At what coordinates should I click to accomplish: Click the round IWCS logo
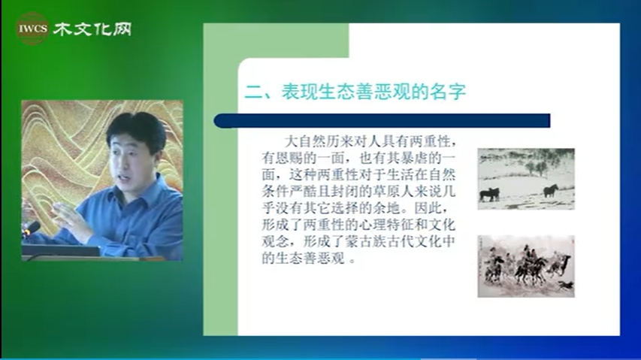point(32,29)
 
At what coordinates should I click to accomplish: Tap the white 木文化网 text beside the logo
point(92,29)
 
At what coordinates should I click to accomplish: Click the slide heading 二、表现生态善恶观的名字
point(355,92)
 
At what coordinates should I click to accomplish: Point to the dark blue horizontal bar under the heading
point(382,121)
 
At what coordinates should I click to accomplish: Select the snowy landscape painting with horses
point(526,179)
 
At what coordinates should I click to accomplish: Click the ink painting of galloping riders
point(526,266)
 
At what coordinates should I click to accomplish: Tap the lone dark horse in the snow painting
point(550,190)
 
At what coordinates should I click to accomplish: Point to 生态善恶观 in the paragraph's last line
point(310,259)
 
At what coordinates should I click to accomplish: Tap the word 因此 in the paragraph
point(428,208)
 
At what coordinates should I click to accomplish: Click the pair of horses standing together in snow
point(489,194)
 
